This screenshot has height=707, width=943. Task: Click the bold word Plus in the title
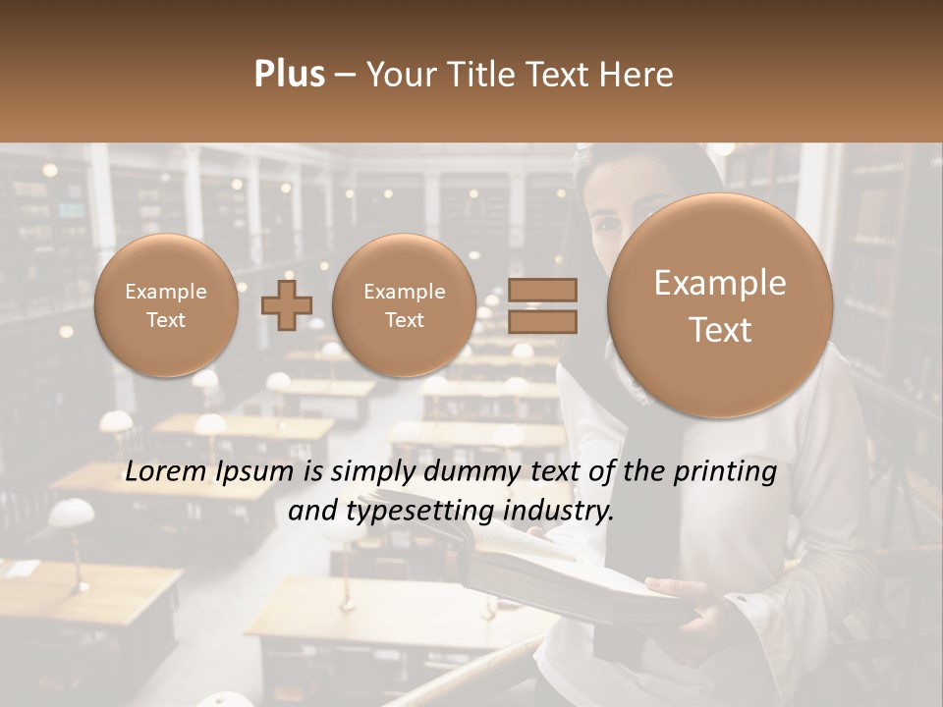[x=289, y=75]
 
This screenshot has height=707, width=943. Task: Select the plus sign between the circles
[x=286, y=304]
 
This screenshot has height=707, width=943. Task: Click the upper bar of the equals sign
[x=542, y=290]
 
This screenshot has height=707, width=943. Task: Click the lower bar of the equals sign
[x=542, y=321]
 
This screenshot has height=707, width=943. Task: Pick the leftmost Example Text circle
[x=166, y=305]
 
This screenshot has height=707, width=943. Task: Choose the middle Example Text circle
[x=404, y=305]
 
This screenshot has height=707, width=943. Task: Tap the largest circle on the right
[x=720, y=305]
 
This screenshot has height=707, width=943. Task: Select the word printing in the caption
[x=726, y=472]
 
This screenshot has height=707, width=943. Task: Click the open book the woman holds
[x=550, y=570]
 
